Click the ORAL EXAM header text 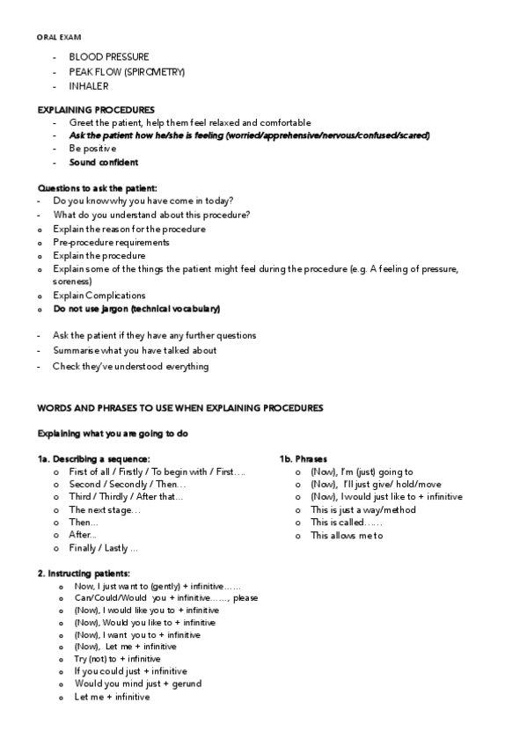tap(57, 37)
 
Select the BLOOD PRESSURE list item tap(108, 57)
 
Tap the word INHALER tap(89, 86)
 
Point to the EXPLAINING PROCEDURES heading tap(96, 109)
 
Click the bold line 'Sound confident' tap(103, 162)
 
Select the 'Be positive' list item tap(92, 149)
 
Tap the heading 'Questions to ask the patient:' tap(97, 188)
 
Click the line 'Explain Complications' tap(99, 296)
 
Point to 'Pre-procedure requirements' tap(111, 242)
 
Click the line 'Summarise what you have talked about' tap(135, 350)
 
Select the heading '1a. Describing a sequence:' tap(93, 459)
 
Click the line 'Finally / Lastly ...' tap(103, 548)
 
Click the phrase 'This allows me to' tap(347, 536)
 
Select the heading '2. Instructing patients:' tap(84, 574)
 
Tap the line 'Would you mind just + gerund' tap(138, 684)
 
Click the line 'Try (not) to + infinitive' tap(117, 659)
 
